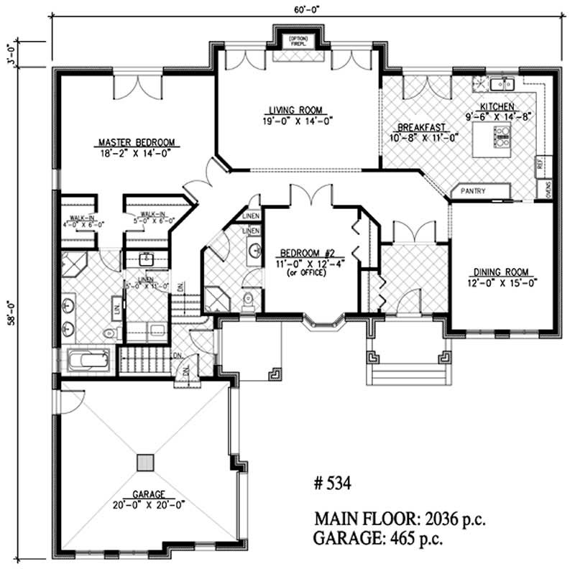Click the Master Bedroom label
click(137, 142)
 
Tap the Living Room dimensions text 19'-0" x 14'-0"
click(296, 120)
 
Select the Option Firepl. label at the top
click(297, 41)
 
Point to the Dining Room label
click(501, 272)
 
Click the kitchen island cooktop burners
click(501, 134)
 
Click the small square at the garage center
click(146, 462)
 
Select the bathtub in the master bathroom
click(88, 358)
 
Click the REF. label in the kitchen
click(539, 165)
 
